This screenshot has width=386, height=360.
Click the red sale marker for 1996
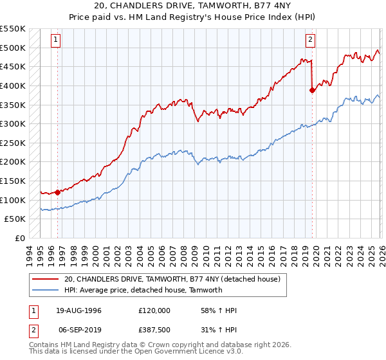[x=57, y=192]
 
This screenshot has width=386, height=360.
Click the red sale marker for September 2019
[x=312, y=91]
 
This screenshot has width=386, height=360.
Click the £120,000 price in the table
[x=154, y=310]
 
